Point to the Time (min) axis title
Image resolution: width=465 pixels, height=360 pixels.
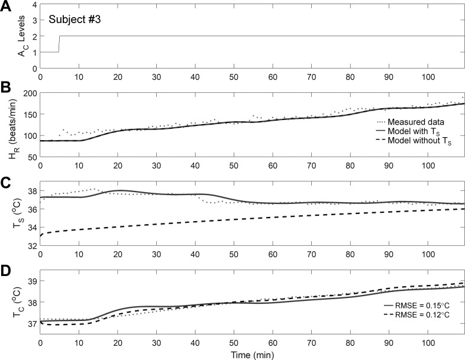click(252, 354)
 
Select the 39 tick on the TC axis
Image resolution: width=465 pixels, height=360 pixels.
click(33, 281)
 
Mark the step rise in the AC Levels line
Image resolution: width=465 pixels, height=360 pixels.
click(59, 44)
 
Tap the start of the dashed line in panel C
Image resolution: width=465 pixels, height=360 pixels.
click(41, 236)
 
